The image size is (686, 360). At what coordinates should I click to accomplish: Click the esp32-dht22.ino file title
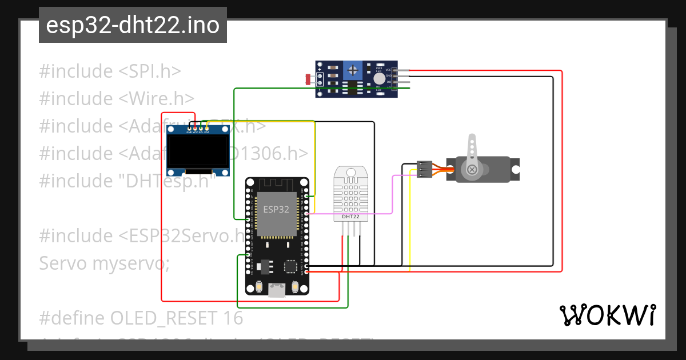point(133,25)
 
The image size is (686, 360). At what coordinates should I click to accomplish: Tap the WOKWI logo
point(607,315)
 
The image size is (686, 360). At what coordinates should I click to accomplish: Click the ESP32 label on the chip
point(276,209)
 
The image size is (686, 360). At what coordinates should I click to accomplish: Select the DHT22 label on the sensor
point(350,217)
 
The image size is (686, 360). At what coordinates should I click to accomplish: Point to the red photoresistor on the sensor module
point(309,79)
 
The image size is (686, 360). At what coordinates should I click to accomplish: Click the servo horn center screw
point(472,170)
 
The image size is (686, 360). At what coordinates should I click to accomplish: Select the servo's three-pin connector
point(424,170)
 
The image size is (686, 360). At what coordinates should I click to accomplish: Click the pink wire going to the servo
point(392,194)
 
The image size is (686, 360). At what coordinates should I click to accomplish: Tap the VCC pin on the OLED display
point(195,129)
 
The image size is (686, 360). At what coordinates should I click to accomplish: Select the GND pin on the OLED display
point(189,129)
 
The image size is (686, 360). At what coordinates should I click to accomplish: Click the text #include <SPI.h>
point(110,71)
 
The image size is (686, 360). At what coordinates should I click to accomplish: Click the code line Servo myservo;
point(104,263)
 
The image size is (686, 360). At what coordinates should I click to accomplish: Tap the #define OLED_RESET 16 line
point(141,318)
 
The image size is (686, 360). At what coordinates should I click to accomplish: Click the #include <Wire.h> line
point(117,99)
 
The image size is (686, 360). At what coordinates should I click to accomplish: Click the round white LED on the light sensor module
point(379,79)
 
